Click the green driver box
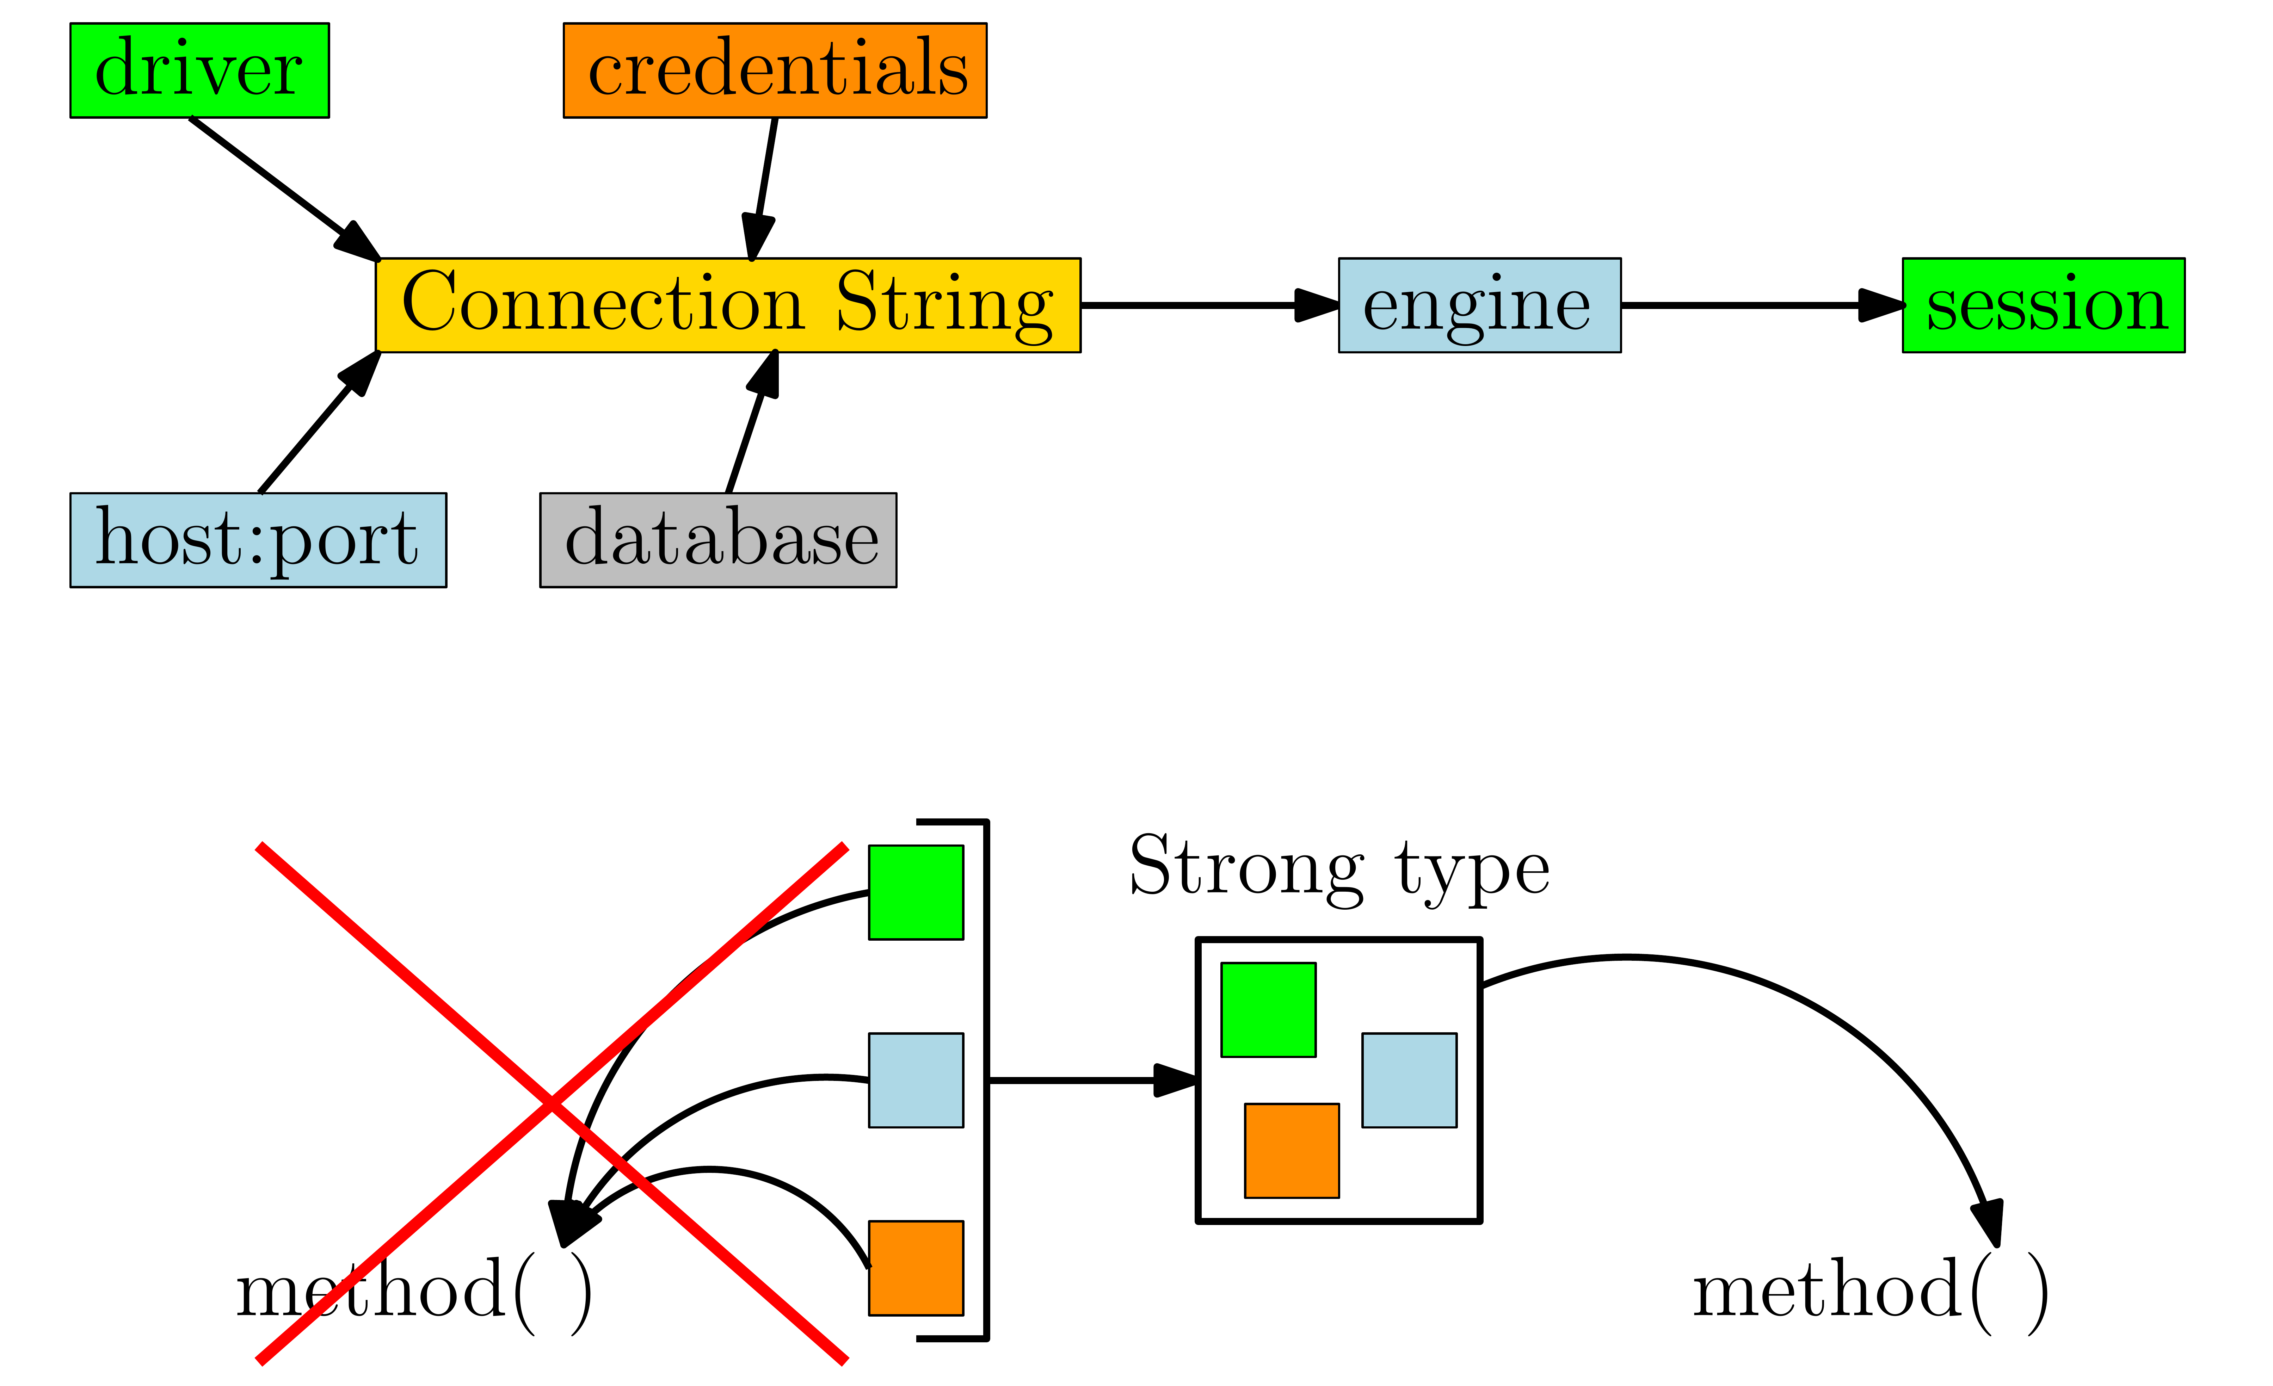coord(199,70)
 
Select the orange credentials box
coord(775,70)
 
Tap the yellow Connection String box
coord(728,305)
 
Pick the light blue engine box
coord(1480,305)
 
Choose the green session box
coord(2043,305)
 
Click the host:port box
coord(258,540)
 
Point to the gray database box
coord(718,540)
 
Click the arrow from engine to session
coord(1762,305)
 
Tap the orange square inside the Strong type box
coord(1292,1151)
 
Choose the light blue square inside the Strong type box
coord(1410,1080)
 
